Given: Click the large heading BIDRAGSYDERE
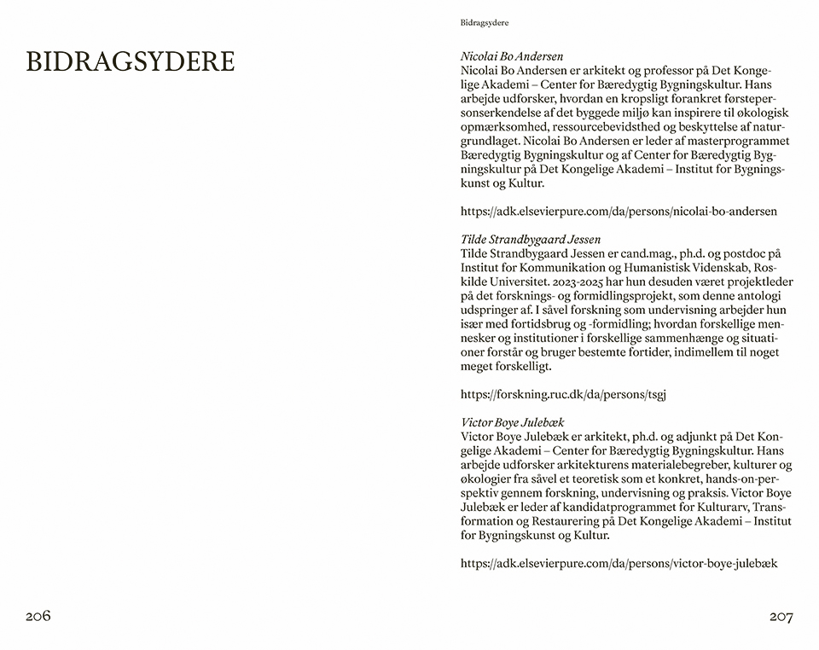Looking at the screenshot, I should pos(131,62).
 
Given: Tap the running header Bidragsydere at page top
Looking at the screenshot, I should pos(490,23).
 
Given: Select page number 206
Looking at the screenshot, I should pos(38,616).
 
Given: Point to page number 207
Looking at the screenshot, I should pos(781,617).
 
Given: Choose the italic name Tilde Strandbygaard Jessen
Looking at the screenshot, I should pos(531,240).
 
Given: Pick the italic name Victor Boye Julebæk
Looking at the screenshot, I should pos(512,422).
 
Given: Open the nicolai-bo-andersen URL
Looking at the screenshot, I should pos(619,211).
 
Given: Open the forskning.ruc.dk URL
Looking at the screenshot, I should pos(563,394).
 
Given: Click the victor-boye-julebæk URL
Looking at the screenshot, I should pos(619,563).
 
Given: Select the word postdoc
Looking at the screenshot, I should pos(749,253).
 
